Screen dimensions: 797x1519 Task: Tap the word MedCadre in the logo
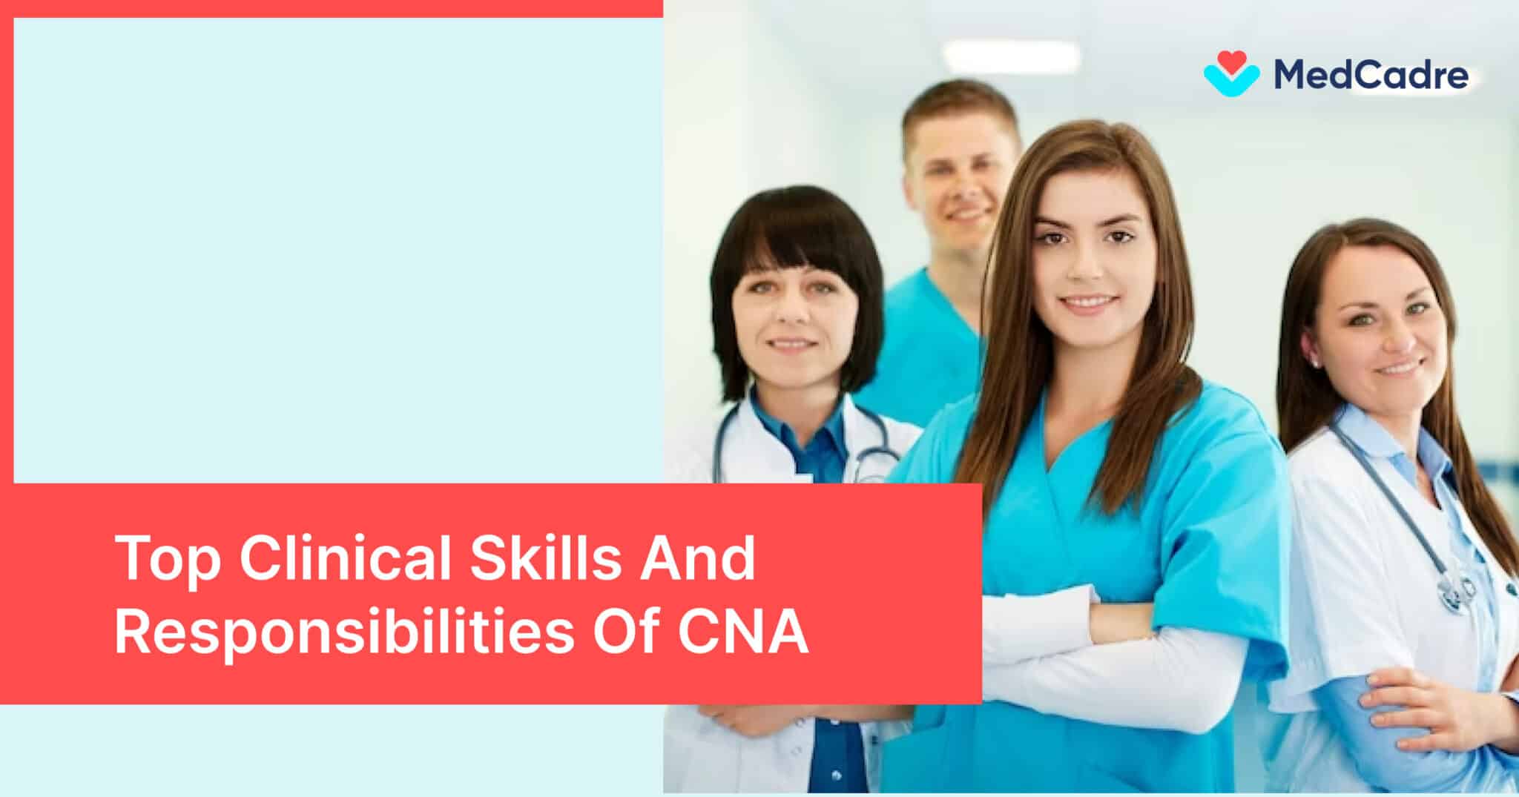(x=1371, y=75)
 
